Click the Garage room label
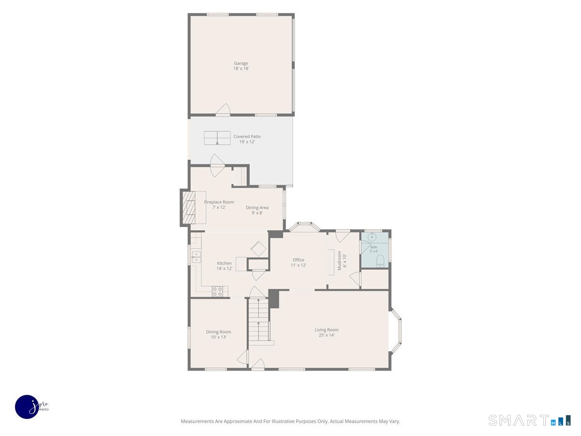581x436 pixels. pos(241,63)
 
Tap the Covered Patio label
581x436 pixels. pos(247,137)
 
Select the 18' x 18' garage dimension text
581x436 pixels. pos(241,68)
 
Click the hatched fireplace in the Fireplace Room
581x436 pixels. pos(189,207)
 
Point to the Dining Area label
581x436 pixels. pos(257,207)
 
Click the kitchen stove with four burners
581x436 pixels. pos(217,292)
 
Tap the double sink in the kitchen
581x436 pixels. pos(196,257)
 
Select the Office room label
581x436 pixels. pos(298,260)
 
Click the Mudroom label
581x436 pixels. pos(339,261)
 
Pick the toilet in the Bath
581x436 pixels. pos(380,261)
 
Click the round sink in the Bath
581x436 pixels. pos(372,236)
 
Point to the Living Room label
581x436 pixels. pos(326,330)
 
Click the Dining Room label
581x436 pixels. pos(218,332)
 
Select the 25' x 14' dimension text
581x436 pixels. pos(326,335)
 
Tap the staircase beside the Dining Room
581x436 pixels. pos(259,320)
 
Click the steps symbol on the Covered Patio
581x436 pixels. pos(217,138)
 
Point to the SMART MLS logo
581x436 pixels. pos(529,420)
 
